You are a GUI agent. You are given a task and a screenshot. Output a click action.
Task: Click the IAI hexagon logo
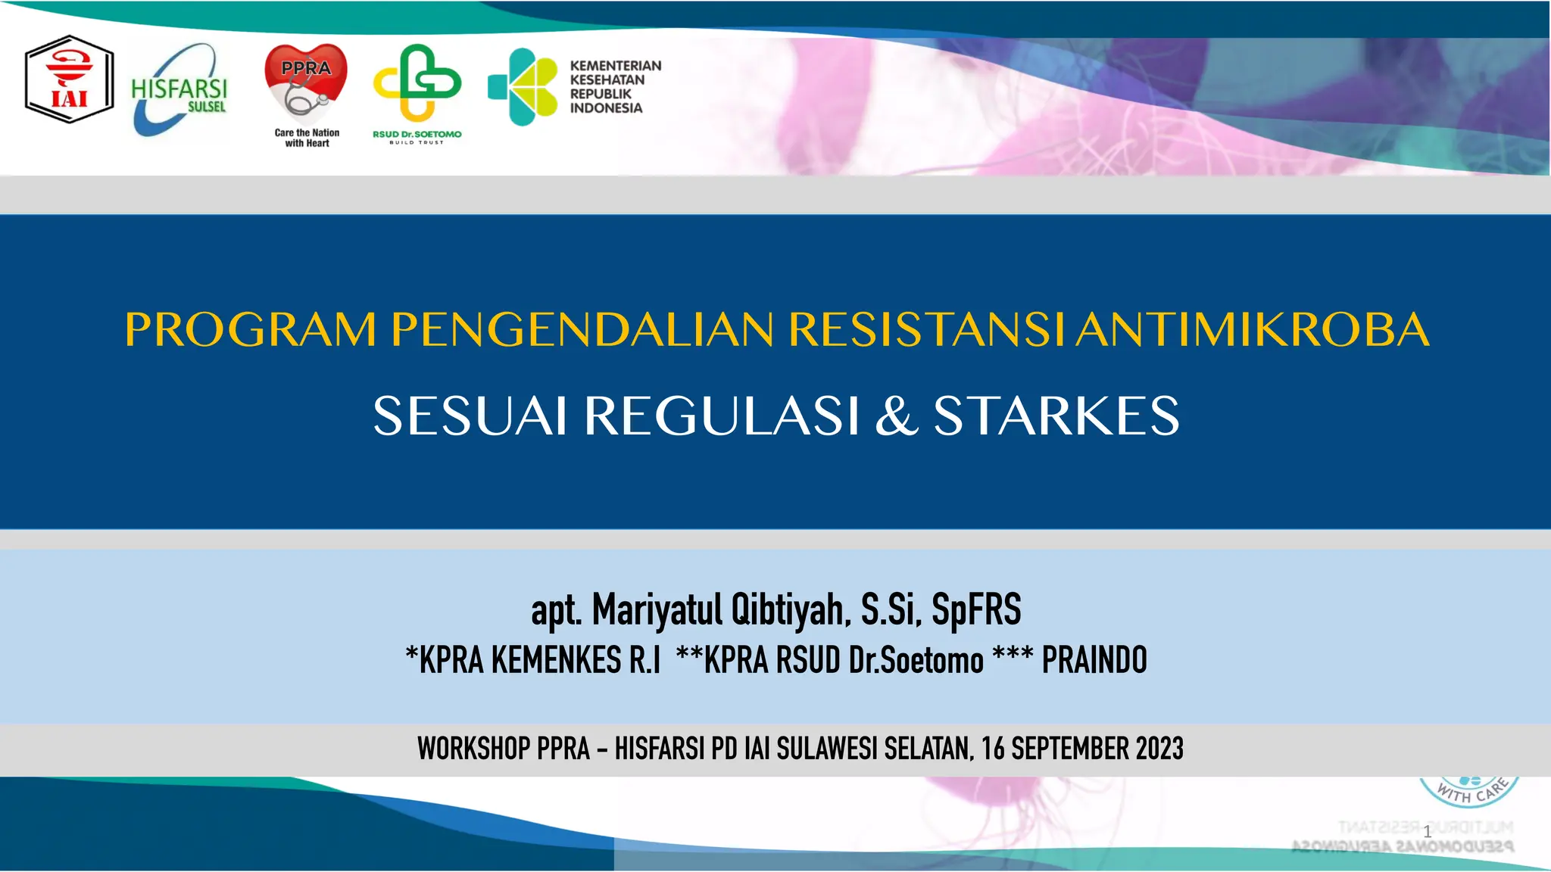69,79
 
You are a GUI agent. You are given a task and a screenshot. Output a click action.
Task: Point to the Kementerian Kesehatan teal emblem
523,86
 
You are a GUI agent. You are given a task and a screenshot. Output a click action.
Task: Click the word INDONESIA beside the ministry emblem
606,108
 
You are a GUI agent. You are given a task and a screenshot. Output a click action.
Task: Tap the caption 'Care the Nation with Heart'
307,138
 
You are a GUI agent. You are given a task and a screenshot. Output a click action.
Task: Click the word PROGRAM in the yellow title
251,330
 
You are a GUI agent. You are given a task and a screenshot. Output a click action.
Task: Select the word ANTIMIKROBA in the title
1253,330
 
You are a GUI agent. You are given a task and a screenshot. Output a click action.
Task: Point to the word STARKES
1056,416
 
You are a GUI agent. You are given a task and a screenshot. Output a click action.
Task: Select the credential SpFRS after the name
976,610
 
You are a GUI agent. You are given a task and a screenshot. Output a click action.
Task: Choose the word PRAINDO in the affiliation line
1094,660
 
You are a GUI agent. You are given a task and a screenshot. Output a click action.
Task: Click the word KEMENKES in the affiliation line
557,660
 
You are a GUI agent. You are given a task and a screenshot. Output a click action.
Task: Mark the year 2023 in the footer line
1159,749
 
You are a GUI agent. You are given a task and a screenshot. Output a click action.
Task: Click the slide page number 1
1428,831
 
